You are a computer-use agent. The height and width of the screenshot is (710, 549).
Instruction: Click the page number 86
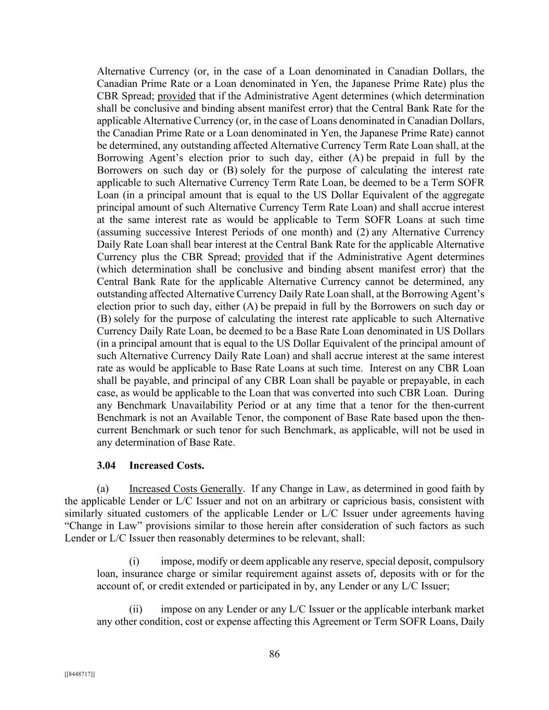[274, 654]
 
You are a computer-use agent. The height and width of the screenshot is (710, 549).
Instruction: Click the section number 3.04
[106, 466]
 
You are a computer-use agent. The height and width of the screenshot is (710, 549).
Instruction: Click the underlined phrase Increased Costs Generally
[186, 489]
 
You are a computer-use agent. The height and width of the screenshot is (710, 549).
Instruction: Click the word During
[469, 393]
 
